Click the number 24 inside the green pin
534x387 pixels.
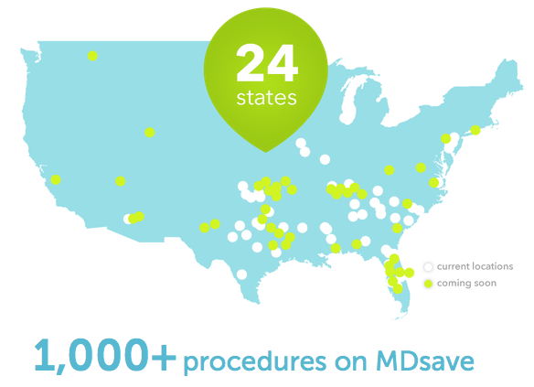pyautogui.click(x=266, y=62)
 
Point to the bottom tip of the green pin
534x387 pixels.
pyautogui.click(x=266, y=151)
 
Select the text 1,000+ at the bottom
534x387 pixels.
pyautogui.click(x=103, y=354)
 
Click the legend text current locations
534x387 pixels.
pyautogui.click(x=475, y=266)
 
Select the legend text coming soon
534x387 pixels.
pyautogui.click(x=466, y=283)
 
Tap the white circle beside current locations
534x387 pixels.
pyautogui.click(x=428, y=267)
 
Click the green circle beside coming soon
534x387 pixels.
pyautogui.click(x=428, y=284)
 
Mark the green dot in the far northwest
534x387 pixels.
pyautogui.click(x=92, y=56)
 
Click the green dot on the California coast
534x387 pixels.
pyautogui.click(x=56, y=179)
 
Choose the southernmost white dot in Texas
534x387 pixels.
pyautogui.click(x=241, y=274)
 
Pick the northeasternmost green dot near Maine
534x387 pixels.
pyautogui.click(x=475, y=131)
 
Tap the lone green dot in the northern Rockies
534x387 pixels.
pyautogui.click(x=150, y=133)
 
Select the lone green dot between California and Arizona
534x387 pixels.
pyautogui.click(x=120, y=181)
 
